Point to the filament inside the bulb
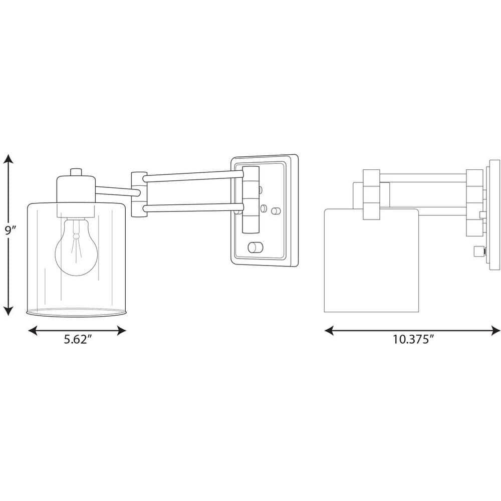click(x=76, y=240)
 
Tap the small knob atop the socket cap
click(x=76, y=172)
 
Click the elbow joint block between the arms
click(x=137, y=194)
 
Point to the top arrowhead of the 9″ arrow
click(x=8, y=160)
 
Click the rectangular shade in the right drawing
click(x=371, y=261)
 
